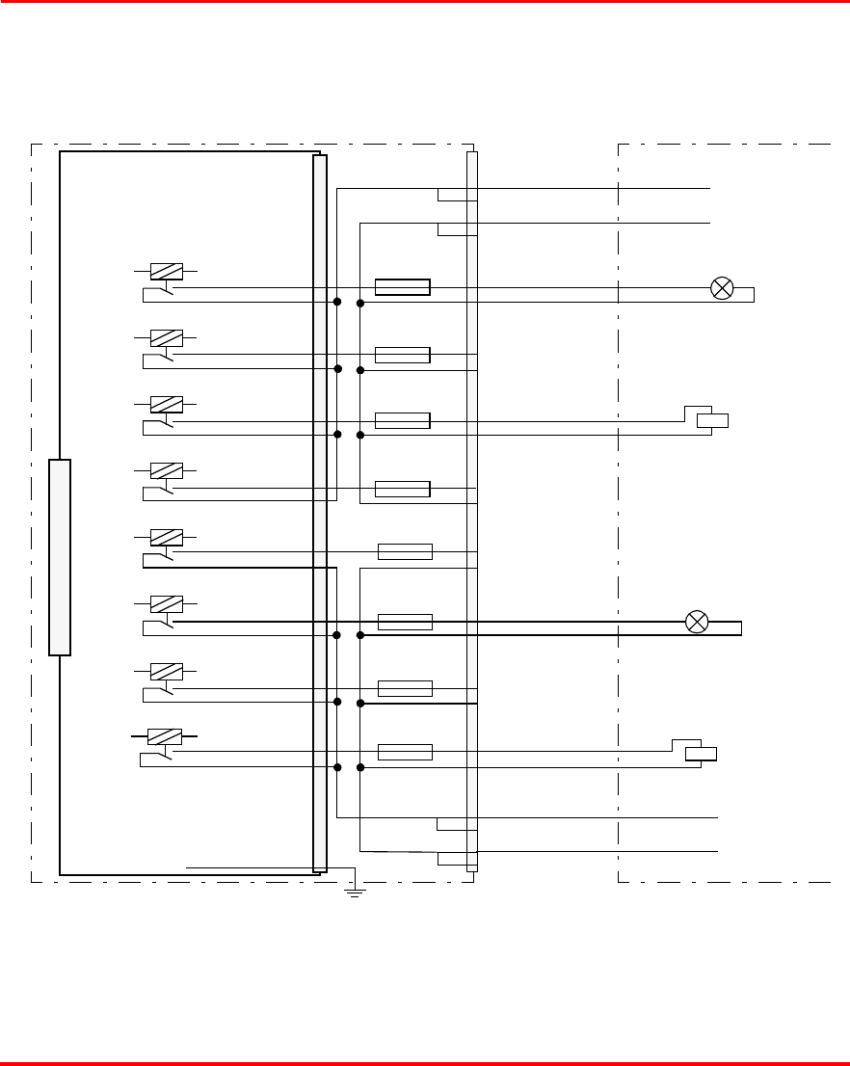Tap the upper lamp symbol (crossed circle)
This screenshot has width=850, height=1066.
(x=722, y=287)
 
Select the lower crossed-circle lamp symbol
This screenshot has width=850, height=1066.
(x=696, y=622)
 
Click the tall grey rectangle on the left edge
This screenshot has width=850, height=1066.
(x=60, y=557)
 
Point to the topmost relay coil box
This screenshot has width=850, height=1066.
(x=167, y=272)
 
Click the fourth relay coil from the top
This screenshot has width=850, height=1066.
(x=167, y=470)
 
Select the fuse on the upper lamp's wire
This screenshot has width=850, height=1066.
(x=402, y=286)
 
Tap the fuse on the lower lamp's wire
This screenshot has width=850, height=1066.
(x=405, y=622)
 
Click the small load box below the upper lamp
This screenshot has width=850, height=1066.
(x=712, y=419)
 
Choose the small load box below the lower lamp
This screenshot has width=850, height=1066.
(x=701, y=754)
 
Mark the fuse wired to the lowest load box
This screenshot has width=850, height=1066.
(x=405, y=752)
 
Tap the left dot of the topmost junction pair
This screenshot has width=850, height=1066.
(x=337, y=303)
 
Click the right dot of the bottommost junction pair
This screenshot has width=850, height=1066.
(x=360, y=768)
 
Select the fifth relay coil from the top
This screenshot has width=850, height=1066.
(x=167, y=537)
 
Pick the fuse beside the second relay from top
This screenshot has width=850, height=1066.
(x=402, y=354)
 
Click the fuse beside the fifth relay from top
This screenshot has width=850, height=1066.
(x=405, y=551)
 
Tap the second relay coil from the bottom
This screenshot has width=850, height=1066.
(x=167, y=670)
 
